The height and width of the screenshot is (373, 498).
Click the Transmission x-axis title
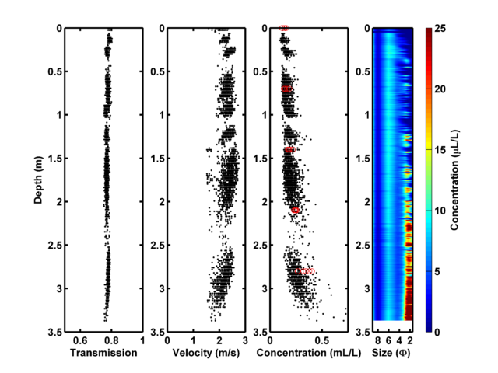(x=103, y=353)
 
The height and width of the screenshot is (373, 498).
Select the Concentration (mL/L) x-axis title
(x=308, y=353)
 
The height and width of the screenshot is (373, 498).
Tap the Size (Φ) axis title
(x=392, y=353)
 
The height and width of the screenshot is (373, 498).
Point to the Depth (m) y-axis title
(x=38, y=179)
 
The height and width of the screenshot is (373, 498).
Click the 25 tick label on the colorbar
(x=440, y=29)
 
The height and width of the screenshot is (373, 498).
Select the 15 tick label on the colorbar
(x=440, y=150)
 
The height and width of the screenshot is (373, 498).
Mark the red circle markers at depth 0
(x=284, y=28)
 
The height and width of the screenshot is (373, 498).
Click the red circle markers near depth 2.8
(x=307, y=271)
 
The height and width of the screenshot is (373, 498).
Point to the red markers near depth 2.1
(x=295, y=211)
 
